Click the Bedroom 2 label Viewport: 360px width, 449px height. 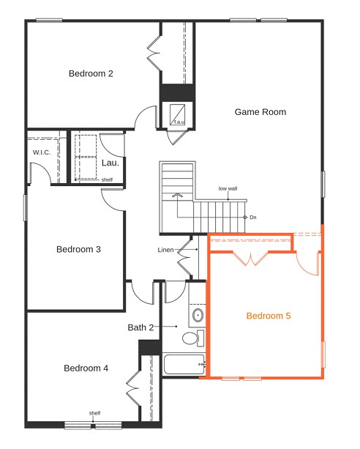pyautogui.click(x=91, y=73)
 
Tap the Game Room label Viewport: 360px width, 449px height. pyautogui.click(x=260, y=112)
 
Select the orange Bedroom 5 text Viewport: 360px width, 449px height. pyautogui.click(x=269, y=316)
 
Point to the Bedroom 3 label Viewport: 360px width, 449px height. pyautogui.click(x=79, y=250)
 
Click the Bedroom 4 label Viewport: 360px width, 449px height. pyautogui.click(x=86, y=368)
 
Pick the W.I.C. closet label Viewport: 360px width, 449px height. pyautogui.click(x=42, y=152)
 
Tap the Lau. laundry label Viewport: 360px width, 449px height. pyautogui.click(x=110, y=163)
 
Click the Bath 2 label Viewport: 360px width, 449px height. pyautogui.click(x=140, y=327)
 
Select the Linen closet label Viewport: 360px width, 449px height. pyautogui.click(x=165, y=250)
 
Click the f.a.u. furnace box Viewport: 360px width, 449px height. pyautogui.click(x=177, y=115)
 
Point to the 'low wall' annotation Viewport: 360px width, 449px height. pyautogui.click(x=228, y=189)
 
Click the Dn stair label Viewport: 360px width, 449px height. pyautogui.click(x=253, y=218)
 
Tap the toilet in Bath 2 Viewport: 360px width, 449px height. pyautogui.click(x=193, y=338)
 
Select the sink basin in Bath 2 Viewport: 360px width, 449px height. pyautogui.click(x=198, y=315)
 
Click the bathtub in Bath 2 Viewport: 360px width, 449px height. pyautogui.click(x=184, y=364)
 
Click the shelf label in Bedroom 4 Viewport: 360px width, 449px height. pyautogui.click(x=94, y=413)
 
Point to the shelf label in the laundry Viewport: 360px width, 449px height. pyautogui.click(x=107, y=180)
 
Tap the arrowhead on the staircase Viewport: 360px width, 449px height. pyautogui.click(x=177, y=196)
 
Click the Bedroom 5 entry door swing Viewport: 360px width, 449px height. pyautogui.click(x=307, y=264)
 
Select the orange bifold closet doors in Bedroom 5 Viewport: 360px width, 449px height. pyautogui.click(x=250, y=259)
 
